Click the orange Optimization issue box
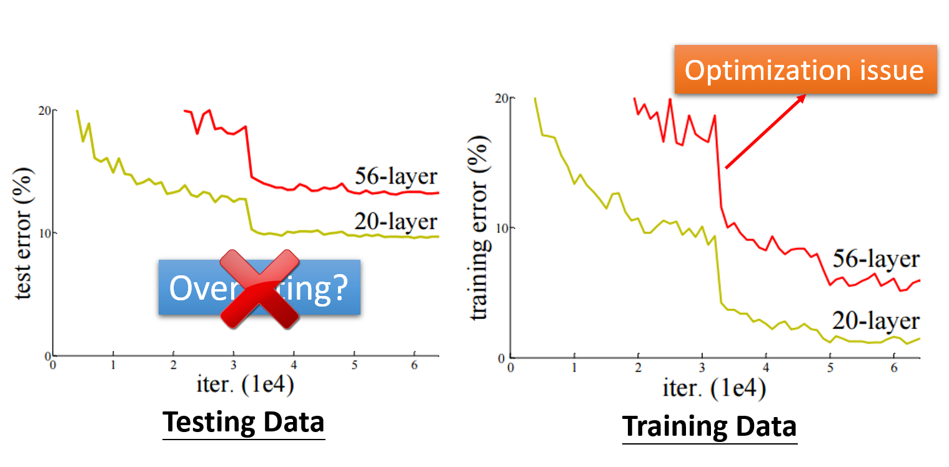(805, 69)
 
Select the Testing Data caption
(244, 423)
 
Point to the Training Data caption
(710, 426)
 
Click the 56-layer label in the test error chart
(396, 177)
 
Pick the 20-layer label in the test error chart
(396, 222)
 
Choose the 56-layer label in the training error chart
(876, 259)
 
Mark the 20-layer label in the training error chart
(876, 321)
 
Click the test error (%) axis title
(24, 233)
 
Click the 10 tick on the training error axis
(500, 227)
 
